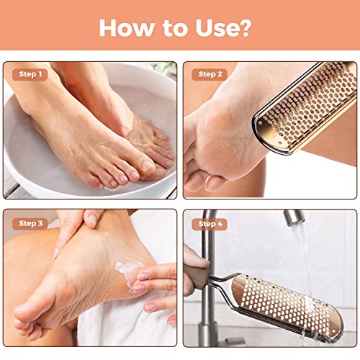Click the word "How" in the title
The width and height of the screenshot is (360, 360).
tap(126, 28)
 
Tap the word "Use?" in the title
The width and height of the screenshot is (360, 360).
tap(223, 28)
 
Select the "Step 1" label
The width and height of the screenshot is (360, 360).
tap(30, 74)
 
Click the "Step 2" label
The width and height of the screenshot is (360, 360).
tap(210, 74)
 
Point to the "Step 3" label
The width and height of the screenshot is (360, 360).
tap(30, 224)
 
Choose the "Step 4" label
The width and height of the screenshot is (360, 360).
tap(210, 224)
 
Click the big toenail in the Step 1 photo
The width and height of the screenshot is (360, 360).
tap(147, 166)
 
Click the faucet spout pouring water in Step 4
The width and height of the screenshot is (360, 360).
tap(293, 217)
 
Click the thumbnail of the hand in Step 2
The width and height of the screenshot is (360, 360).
tap(214, 184)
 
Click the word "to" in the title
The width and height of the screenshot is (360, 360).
tap(174, 29)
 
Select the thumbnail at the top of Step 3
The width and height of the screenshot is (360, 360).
tap(93, 219)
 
